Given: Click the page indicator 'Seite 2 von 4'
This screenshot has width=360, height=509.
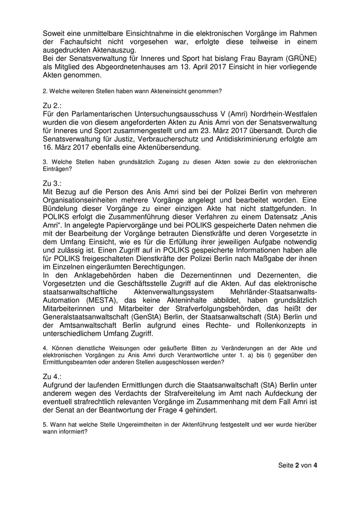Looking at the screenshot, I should [297, 465].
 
